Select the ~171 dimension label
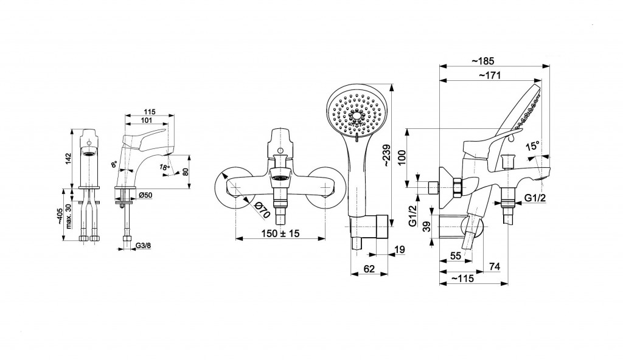(x=489, y=74)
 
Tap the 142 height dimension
(x=68, y=159)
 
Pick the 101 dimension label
(x=146, y=120)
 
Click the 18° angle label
(x=164, y=167)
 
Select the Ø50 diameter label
(x=145, y=194)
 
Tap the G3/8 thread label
(x=143, y=246)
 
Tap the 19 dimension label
(x=399, y=249)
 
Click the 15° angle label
(x=533, y=147)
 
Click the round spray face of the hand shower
(x=355, y=114)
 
